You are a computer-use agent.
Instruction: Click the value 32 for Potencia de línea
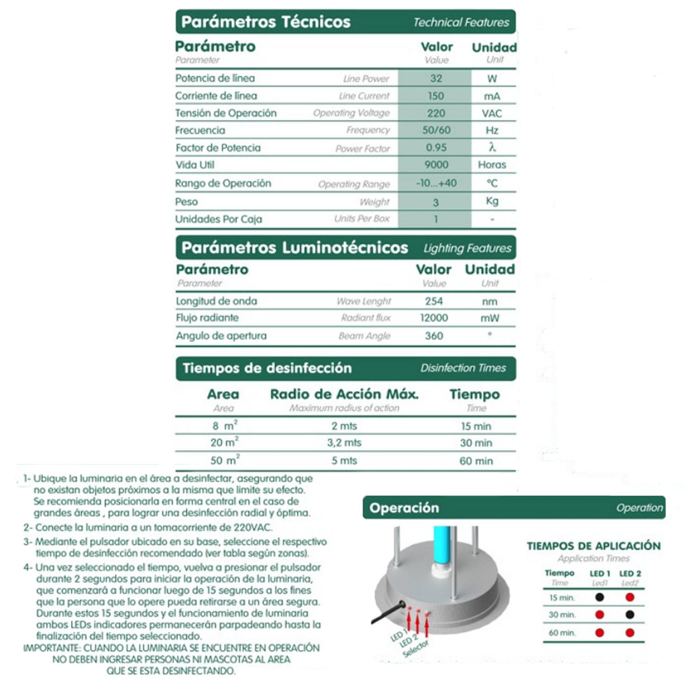pyautogui.click(x=436, y=78)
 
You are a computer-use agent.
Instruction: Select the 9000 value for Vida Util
pyautogui.click(x=436, y=165)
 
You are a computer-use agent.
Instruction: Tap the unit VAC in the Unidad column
pyautogui.click(x=492, y=113)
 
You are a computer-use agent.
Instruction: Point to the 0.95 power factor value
pyautogui.click(x=436, y=148)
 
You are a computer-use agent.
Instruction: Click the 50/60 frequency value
pyautogui.click(x=436, y=130)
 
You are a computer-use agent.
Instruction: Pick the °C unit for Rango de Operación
pyautogui.click(x=492, y=183)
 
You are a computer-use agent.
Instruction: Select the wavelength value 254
pyautogui.click(x=434, y=301)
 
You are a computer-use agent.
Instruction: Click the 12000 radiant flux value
pyautogui.click(x=434, y=318)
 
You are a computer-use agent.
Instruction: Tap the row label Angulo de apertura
pyautogui.click(x=221, y=336)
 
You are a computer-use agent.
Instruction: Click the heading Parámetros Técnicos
pyautogui.click(x=266, y=22)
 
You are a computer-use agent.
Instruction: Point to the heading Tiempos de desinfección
pyautogui.click(x=267, y=368)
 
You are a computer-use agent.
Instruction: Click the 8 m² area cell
pyautogui.click(x=224, y=426)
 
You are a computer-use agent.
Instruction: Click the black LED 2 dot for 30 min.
pyautogui.click(x=629, y=615)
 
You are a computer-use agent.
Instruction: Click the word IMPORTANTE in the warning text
pyautogui.click(x=51, y=648)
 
